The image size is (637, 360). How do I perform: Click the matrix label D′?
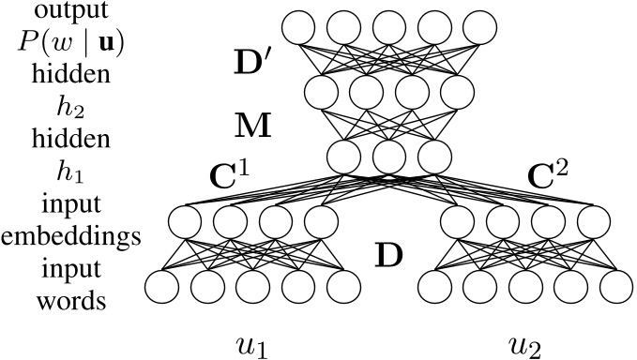point(252,64)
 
